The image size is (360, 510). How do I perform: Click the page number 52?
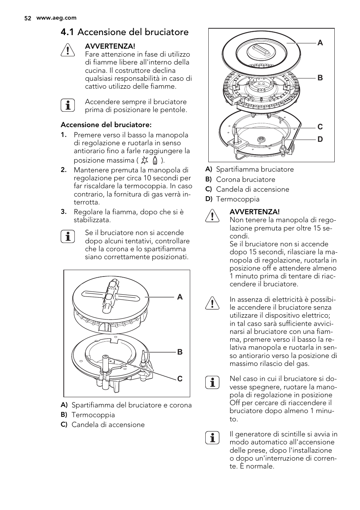click(x=27, y=18)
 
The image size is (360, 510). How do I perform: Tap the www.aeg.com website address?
click(x=56, y=18)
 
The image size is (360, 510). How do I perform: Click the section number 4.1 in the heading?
click(x=68, y=32)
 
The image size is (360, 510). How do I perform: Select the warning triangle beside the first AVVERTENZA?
click(x=68, y=50)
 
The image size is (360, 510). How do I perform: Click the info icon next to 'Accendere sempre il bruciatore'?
click(x=68, y=106)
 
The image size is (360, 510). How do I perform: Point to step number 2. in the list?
click(x=64, y=170)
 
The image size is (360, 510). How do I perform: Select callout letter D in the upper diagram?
click(x=320, y=140)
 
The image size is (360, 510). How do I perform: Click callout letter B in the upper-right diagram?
click(x=320, y=78)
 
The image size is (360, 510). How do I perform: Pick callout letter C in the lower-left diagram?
click(x=180, y=379)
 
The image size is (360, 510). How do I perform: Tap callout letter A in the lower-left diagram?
click(x=180, y=297)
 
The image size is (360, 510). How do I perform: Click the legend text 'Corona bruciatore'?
click(x=245, y=180)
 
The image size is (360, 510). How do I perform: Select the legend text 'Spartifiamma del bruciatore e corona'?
click(x=131, y=405)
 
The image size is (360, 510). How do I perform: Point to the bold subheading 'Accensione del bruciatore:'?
click(x=106, y=125)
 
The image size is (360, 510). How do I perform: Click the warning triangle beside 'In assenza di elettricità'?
click(x=212, y=303)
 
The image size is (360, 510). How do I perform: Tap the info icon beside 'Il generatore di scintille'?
click(x=212, y=438)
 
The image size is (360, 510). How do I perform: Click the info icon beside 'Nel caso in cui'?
click(x=212, y=382)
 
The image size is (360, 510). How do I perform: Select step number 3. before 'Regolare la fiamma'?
click(x=64, y=212)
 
